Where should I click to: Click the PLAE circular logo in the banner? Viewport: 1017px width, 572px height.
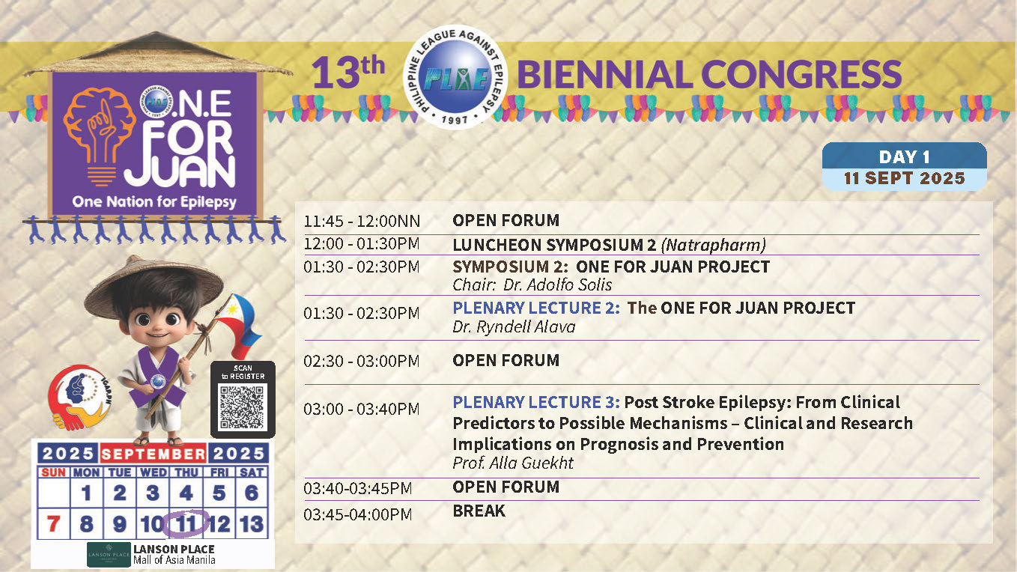455,77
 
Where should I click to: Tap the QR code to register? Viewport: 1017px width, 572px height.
242,407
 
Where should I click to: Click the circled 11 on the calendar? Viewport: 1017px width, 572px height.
186,524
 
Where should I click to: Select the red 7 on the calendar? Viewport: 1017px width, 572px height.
53,524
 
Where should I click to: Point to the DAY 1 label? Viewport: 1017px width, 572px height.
905,157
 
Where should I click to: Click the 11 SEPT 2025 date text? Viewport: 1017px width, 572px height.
905,178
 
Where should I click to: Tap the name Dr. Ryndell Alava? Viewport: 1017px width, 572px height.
514,327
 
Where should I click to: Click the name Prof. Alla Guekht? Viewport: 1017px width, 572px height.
513,463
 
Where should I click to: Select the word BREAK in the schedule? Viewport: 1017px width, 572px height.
479,511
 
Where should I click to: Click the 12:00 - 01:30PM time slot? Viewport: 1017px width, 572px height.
362,244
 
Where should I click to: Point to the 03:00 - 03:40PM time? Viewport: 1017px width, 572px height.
362,409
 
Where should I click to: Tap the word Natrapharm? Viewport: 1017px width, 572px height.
714,245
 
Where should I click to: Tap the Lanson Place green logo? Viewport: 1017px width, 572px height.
109,554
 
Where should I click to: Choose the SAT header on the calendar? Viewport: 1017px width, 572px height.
252,472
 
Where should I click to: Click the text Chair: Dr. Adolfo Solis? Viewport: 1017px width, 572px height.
532,285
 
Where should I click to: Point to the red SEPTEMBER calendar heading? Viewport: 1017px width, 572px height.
153,454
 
